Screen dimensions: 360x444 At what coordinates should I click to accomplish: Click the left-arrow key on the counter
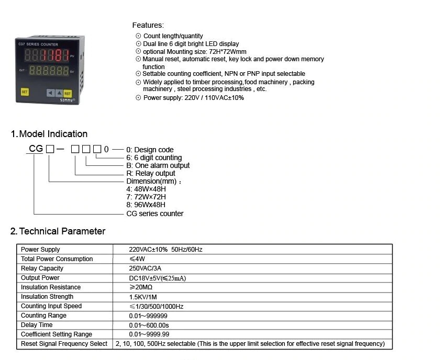click(50, 93)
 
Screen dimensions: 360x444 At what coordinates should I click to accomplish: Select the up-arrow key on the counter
click(59, 93)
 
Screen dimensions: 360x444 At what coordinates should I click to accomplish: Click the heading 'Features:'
click(148, 25)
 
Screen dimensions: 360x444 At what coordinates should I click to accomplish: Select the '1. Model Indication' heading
click(49, 134)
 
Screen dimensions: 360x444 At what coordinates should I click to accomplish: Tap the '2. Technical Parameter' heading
click(58, 231)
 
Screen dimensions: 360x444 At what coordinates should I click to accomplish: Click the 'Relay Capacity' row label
click(42, 268)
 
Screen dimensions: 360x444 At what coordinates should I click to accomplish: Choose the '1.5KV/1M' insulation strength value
click(143, 297)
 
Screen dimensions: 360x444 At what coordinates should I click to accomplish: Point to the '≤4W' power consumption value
click(137, 259)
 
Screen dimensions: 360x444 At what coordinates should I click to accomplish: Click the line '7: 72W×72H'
click(146, 197)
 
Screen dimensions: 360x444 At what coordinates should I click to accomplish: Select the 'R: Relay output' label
click(151, 173)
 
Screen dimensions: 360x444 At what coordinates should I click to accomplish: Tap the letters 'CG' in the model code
click(36, 149)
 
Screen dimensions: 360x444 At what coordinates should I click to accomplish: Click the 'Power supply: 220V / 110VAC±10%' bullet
click(193, 98)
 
